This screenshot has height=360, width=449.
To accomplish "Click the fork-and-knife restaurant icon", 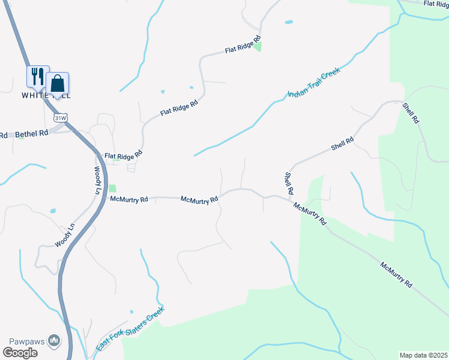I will pos(37,76).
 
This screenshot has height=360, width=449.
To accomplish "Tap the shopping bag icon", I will pos(58,83).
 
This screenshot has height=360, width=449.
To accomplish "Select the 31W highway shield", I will pos(59,118).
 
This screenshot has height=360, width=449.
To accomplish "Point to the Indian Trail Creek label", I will pos(314,83).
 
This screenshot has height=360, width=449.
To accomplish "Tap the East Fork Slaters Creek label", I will pos(130,330).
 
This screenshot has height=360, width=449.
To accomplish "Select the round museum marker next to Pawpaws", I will pos(55,341).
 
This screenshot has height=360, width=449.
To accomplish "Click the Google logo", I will pos(20,353).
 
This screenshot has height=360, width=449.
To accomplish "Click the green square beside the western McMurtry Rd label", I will pos(112,188).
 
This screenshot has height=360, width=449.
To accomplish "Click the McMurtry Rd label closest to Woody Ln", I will pos(129,199).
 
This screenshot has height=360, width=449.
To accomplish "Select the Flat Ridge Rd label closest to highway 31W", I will pos(123,154).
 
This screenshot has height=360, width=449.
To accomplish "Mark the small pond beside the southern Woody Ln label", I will pos(53,211).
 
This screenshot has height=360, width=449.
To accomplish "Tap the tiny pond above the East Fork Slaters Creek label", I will pos(131,311).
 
